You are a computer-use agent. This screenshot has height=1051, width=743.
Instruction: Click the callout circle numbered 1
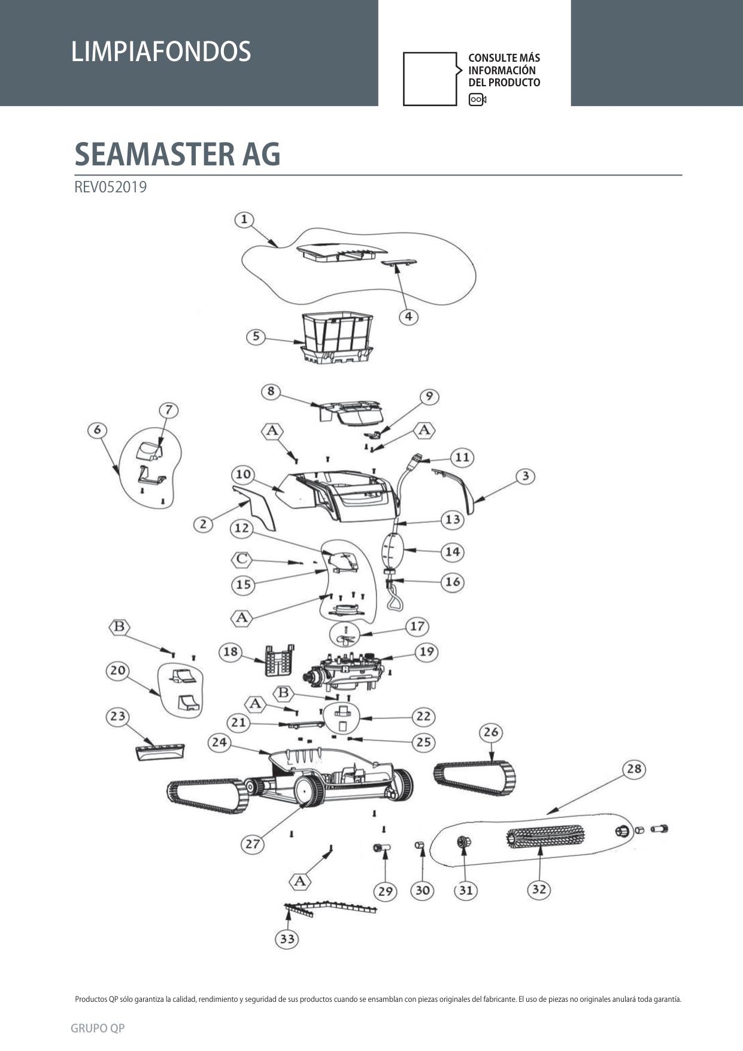(244, 220)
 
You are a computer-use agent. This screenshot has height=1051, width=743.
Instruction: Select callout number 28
(634, 769)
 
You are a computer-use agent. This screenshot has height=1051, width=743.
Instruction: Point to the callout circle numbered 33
(287, 938)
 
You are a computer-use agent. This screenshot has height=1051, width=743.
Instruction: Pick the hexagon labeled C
(241, 559)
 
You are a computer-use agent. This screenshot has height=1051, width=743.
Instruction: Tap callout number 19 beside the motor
(426, 652)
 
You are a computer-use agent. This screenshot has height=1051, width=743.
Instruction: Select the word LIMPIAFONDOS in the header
(160, 52)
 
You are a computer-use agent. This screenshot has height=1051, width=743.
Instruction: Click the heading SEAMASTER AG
(177, 154)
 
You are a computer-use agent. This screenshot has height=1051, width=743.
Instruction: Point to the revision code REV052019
(110, 187)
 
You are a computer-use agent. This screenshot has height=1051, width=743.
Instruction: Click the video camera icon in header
(477, 99)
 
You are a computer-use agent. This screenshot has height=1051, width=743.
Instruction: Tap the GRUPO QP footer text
(98, 1028)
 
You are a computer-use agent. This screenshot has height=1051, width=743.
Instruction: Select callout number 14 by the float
(453, 551)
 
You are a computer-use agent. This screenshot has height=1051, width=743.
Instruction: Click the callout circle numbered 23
(118, 716)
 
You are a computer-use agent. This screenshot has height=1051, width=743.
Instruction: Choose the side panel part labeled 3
(455, 490)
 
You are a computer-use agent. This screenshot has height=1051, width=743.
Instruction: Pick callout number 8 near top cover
(271, 391)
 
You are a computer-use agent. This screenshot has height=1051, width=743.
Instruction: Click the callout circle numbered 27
(253, 844)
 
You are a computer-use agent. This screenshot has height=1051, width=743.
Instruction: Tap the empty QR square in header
(430, 79)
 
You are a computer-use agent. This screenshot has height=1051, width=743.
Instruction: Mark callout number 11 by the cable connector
(462, 457)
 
